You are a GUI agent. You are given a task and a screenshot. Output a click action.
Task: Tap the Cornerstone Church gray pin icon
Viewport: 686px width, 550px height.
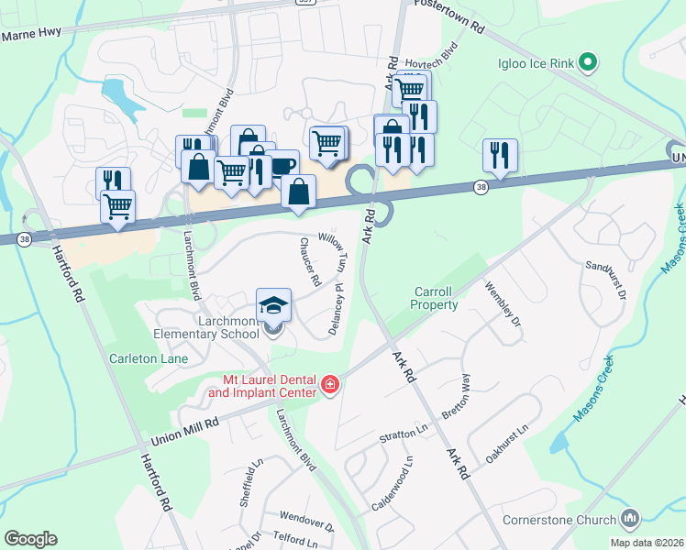[629, 520]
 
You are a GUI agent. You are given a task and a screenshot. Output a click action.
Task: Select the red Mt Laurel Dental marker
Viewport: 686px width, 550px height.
[330, 385]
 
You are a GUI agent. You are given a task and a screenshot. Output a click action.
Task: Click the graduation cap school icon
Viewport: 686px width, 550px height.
[273, 305]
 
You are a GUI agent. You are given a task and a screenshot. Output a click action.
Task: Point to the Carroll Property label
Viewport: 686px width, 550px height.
[434, 298]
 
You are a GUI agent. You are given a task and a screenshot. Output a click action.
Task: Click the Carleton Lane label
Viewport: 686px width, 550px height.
[148, 358]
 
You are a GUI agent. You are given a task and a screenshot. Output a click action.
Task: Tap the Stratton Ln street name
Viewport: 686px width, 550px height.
[404, 434]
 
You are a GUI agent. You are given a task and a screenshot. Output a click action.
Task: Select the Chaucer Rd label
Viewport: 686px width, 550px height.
[308, 260]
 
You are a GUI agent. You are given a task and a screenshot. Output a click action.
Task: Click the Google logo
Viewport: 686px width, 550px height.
[31, 539]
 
